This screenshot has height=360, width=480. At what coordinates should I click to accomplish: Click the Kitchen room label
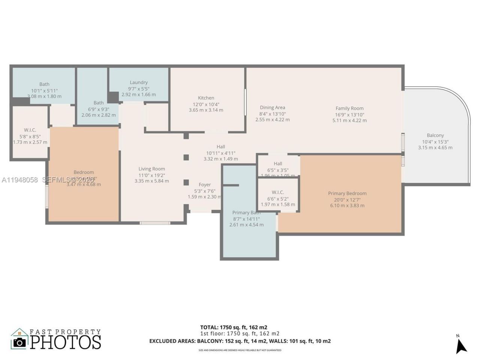click(206, 98)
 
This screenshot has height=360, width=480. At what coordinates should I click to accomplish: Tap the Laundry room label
click(138, 82)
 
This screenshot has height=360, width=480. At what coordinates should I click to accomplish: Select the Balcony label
click(435, 135)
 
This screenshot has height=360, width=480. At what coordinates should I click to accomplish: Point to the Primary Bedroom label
click(347, 193)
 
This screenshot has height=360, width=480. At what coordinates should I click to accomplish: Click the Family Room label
click(349, 108)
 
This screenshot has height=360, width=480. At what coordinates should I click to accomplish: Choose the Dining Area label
click(272, 108)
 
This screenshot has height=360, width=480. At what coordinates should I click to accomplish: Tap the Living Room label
click(151, 169)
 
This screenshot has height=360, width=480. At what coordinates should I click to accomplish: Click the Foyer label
click(205, 184)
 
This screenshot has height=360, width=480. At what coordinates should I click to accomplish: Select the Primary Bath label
click(246, 213)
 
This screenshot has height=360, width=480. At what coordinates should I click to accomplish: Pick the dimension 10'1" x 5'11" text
click(44, 90)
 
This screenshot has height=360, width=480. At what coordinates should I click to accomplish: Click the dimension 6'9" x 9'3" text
click(98, 109)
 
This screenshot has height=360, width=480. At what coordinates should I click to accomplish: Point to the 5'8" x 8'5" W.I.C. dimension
click(30, 136)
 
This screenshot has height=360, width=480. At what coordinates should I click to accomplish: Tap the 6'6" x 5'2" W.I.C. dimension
click(278, 199)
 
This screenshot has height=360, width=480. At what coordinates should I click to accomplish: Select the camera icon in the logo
click(19, 342)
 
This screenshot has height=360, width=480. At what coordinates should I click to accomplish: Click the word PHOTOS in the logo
click(66, 342)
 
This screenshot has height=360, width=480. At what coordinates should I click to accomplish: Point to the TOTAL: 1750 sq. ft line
click(234, 327)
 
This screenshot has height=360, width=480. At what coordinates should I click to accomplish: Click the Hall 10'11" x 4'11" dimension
click(220, 153)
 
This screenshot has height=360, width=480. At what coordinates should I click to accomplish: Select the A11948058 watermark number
click(19, 180)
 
